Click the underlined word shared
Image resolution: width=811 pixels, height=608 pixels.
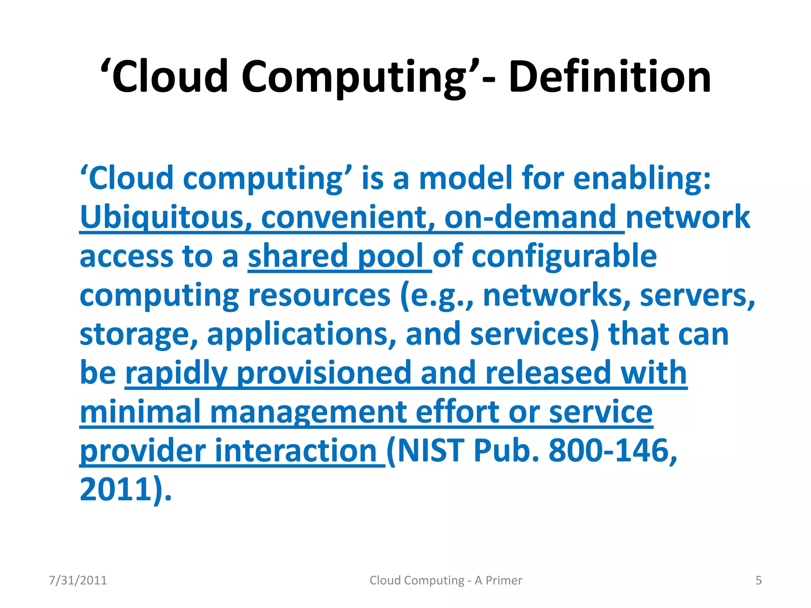297,256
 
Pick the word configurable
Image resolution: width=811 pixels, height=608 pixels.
564,256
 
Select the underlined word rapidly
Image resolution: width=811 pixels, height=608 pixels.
176,373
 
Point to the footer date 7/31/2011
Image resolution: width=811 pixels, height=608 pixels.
78,580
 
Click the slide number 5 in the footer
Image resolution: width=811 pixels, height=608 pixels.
758,580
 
